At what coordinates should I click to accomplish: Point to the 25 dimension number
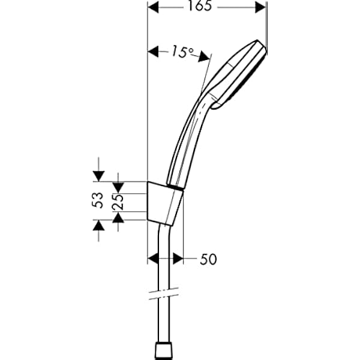(x=119, y=200)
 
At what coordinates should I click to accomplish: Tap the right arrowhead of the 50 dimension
(x=178, y=258)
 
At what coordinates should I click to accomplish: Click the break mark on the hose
(x=162, y=295)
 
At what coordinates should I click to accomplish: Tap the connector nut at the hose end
(x=162, y=350)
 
